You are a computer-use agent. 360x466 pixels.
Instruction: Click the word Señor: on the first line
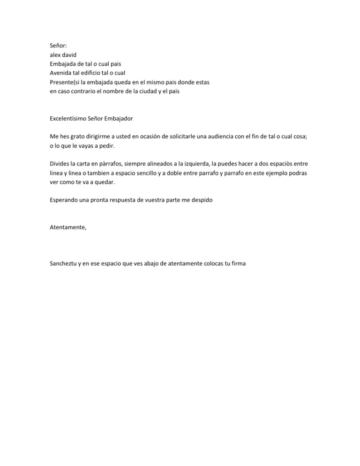click(x=59, y=45)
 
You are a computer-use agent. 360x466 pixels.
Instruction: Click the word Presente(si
click(x=67, y=82)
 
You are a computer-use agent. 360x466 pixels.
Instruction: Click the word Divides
click(x=60, y=164)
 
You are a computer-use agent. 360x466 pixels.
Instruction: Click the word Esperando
click(x=65, y=201)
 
